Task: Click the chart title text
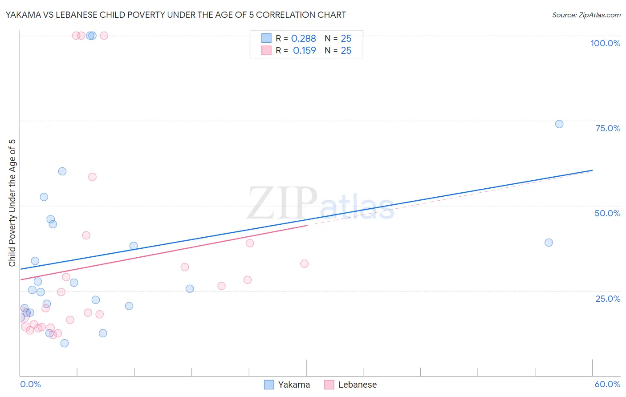175,15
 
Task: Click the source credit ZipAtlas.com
586,15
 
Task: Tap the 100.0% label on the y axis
605,43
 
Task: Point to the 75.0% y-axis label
608,128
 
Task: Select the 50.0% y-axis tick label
607,213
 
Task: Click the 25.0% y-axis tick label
608,299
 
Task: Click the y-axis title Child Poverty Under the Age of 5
12,203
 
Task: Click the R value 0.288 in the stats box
304,39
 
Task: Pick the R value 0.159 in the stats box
305,51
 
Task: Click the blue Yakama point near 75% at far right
559,124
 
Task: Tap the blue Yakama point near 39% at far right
549,243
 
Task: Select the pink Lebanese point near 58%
92,177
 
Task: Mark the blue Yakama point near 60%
62,171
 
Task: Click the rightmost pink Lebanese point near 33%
305,263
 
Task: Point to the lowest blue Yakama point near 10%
65,343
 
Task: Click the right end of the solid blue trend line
592,170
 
